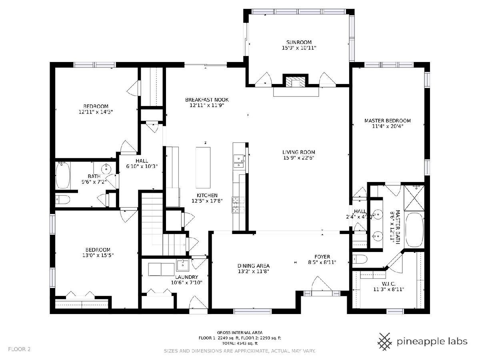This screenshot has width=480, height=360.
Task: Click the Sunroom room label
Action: point(299,42)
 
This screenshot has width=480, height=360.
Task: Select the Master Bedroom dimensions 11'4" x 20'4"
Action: point(388,126)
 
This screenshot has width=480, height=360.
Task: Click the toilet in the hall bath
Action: point(62,199)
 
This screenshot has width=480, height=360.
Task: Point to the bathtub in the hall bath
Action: point(63,175)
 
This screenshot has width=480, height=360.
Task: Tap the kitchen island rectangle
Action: point(203,168)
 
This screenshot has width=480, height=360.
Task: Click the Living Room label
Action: point(298,152)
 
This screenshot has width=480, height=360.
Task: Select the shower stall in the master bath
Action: point(414,198)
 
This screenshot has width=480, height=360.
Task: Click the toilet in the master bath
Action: point(360,260)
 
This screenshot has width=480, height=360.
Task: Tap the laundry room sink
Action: point(182,265)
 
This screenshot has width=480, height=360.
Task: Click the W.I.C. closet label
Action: point(388,284)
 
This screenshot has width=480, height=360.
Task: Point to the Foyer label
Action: point(322,257)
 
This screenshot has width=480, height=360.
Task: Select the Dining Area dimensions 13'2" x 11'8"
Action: point(254,271)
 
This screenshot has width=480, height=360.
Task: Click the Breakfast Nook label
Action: point(207,100)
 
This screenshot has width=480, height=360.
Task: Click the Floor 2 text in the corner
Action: point(19,349)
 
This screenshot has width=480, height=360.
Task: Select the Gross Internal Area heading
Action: point(240,333)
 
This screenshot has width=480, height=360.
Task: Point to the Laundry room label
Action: point(186,277)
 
